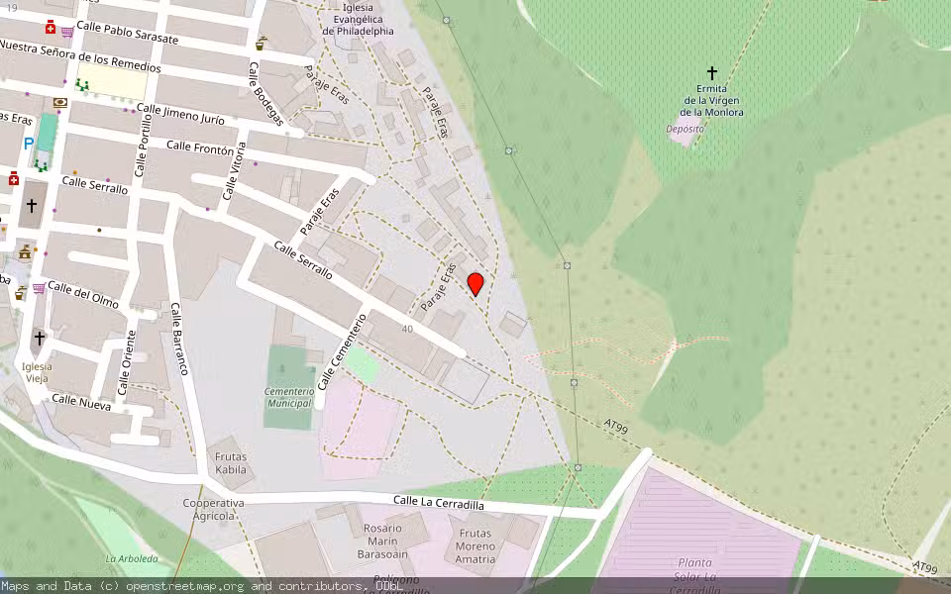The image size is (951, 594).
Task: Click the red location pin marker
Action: (x=475, y=284)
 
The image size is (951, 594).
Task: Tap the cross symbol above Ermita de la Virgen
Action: (x=711, y=73)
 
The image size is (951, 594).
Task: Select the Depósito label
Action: (x=685, y=129)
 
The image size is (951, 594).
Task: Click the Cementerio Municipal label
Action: (x=289, y=397)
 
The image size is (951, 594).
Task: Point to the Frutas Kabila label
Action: (x=231, y=463)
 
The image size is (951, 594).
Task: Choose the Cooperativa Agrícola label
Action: (x=213, y=509)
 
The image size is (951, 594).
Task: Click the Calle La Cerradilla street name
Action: (x=438, y=503)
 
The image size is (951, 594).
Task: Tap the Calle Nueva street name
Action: (x=81, y=400)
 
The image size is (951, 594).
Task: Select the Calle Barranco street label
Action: (x=178, y=339)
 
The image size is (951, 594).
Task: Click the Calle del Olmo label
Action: (x=83, y=294)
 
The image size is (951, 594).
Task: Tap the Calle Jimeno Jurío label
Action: (x=180, y=115)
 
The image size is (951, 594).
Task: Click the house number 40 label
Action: (x=407, y=329)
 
